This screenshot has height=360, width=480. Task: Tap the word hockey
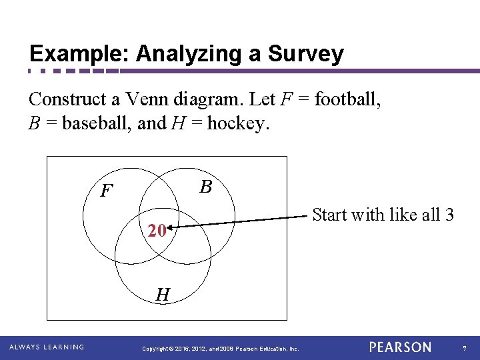238,124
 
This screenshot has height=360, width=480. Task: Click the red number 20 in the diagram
157,231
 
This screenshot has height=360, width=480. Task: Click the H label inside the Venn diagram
163,294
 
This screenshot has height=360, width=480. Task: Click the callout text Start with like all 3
383,215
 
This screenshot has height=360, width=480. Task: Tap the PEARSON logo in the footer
400,347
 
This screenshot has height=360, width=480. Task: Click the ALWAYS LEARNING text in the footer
46,347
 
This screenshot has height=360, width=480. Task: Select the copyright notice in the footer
221,349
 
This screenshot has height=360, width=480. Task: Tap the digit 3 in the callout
450,215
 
